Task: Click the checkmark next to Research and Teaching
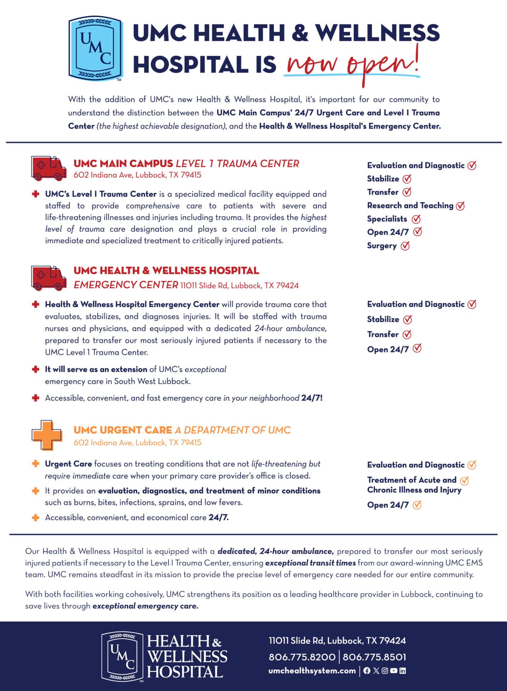coord(460,206)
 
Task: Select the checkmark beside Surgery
coord(405,246)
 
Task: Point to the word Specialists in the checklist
coord(387,219)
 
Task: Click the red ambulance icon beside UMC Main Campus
coord(48,168)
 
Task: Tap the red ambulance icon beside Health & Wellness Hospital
coord(48,278)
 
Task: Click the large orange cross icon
coord(47,435)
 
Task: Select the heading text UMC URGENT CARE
coord(123,430)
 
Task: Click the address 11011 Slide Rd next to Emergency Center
coord(239,286)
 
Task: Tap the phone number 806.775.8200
coord(302,657)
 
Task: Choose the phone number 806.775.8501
coord(374,657)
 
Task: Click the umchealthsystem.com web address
coord(312,671)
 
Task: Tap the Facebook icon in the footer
coord(367,671)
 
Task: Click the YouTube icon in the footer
coord(394,671)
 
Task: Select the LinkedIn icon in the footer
coord(402,671)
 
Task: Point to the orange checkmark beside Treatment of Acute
coord(464,480)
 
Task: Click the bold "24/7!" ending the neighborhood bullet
coord(312,398)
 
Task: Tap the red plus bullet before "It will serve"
coord(35,369)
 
